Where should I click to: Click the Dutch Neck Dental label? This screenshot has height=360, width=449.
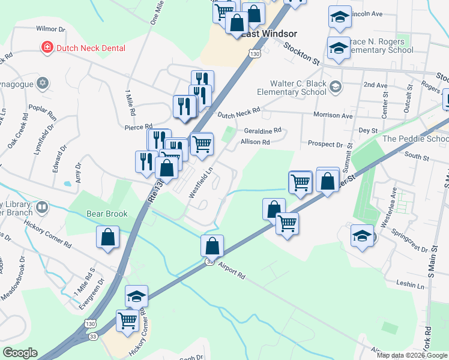91,48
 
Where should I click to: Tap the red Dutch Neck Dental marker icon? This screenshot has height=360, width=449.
46,47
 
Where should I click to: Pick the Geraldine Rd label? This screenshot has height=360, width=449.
262,131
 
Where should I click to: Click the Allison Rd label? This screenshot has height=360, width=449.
255,142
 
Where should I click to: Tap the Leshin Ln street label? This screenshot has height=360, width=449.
411,283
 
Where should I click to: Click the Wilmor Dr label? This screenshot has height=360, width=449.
50,29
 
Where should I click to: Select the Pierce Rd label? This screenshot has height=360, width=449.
138,127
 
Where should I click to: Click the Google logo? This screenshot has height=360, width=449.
20,353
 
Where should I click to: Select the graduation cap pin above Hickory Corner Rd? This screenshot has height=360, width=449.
136,295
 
